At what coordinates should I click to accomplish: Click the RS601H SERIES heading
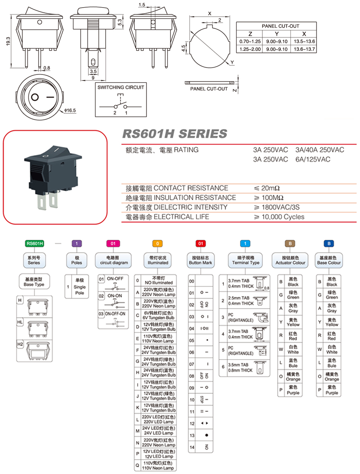coord(174,134)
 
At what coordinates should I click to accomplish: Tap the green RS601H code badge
coord(34,243)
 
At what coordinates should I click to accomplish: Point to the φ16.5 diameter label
coord(70,110)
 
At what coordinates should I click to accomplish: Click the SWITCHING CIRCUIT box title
coord(121,87)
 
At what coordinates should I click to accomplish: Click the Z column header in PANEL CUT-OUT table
coord(250,34)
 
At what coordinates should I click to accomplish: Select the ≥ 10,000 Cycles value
coord(279,217)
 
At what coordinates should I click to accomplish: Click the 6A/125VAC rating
coord(313,159)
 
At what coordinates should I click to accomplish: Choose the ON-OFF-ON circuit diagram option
coord(115,314)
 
